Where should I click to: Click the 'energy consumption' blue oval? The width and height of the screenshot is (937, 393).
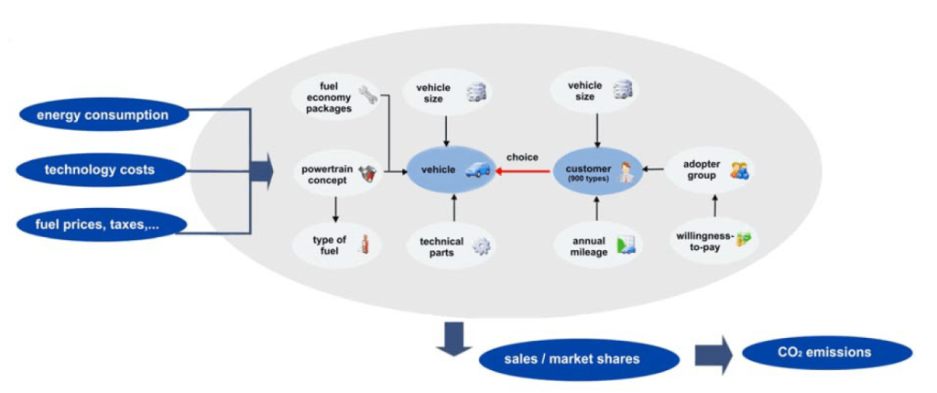[102, 115]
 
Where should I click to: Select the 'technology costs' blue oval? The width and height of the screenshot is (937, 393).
[99, 169]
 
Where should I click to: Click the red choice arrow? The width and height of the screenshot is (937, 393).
[522, 169]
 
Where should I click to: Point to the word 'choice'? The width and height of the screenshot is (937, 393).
[522, 157]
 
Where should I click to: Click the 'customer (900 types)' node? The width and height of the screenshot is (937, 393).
[596, 169]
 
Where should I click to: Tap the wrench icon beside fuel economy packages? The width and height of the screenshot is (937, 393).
[366, 93]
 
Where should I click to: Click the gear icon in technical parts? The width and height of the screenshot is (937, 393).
[481, 246]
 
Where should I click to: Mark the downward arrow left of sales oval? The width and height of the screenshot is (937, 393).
[452, 341]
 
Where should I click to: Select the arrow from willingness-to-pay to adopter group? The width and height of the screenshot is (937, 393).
[714, 203]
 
